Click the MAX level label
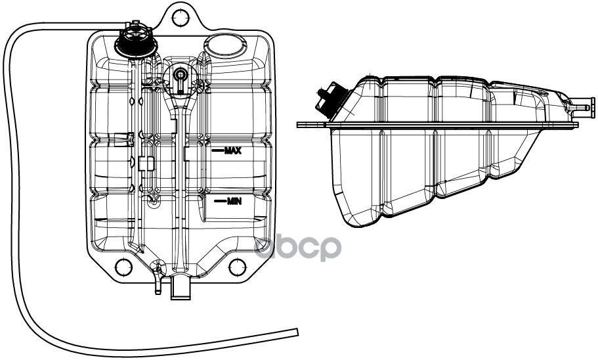233,150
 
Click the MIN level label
234,201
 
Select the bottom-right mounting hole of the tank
237,267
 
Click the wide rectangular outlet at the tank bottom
180,287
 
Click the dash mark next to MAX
217,150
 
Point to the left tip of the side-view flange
299,124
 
